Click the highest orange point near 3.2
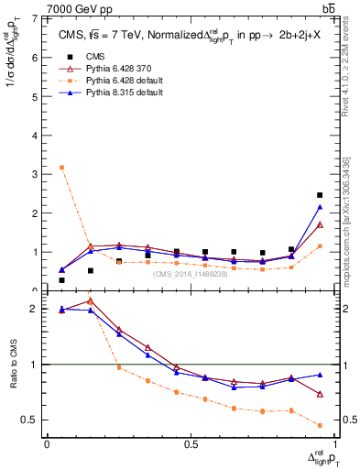61,168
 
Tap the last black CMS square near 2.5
319,195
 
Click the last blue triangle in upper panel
319,207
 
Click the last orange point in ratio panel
319,425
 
